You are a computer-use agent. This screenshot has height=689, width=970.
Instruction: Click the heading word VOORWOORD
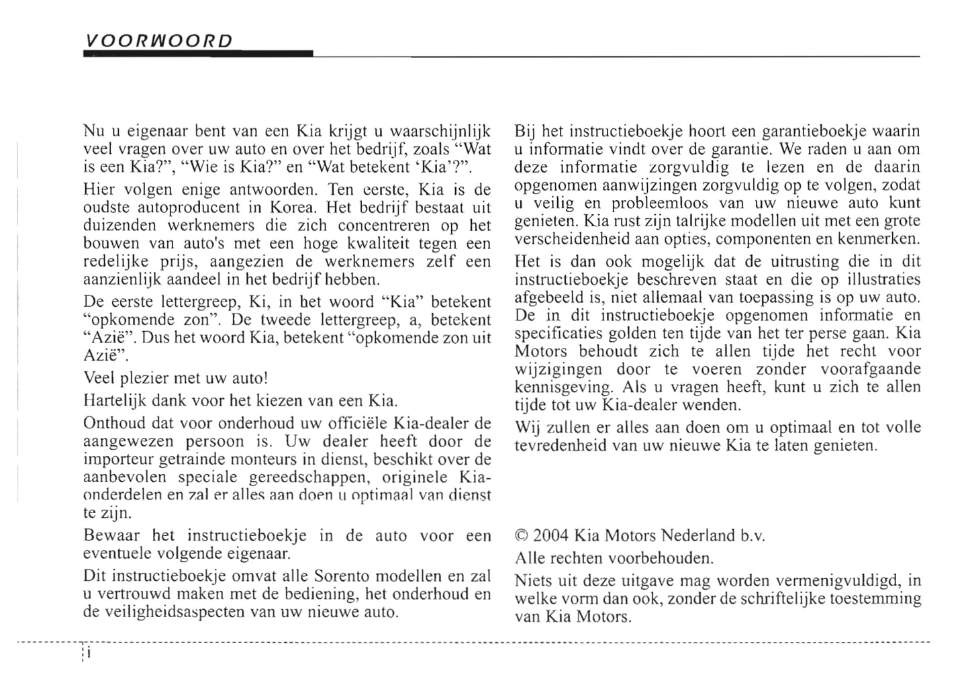(158, 41)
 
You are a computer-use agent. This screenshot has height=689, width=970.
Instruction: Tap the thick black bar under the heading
(198, 54)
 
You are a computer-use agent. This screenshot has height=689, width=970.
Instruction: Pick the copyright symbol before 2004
(522, 536)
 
